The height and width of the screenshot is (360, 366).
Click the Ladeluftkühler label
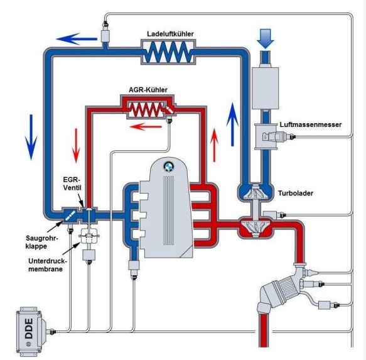(170, 34)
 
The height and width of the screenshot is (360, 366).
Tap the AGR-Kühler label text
(148, 90)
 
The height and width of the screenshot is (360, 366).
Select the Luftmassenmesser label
(311, 124)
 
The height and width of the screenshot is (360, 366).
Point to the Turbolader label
(296, 194)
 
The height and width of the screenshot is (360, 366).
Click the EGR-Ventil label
(72, 183)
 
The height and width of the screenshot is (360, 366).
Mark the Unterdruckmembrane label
(47, 265)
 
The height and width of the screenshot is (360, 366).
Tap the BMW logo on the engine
(169, 166)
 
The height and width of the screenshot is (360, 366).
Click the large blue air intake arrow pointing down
(266, 38)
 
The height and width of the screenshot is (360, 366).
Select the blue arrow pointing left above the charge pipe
(77, 39)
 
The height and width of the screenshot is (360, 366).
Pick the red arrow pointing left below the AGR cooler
(146, 127)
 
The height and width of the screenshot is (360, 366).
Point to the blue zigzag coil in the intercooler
(168, 52)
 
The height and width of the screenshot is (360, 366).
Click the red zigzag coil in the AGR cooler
(146, 110)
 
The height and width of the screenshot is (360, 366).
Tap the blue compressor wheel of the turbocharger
(255, 192)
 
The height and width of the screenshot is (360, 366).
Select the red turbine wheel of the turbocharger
(255, 226)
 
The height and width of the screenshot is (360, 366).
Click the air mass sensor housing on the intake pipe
(266, 136)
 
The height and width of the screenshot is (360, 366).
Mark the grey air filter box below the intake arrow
(266, 89)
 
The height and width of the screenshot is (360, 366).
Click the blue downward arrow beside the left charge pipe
(31, 137)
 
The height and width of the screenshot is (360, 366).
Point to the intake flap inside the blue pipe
(70, 215)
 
